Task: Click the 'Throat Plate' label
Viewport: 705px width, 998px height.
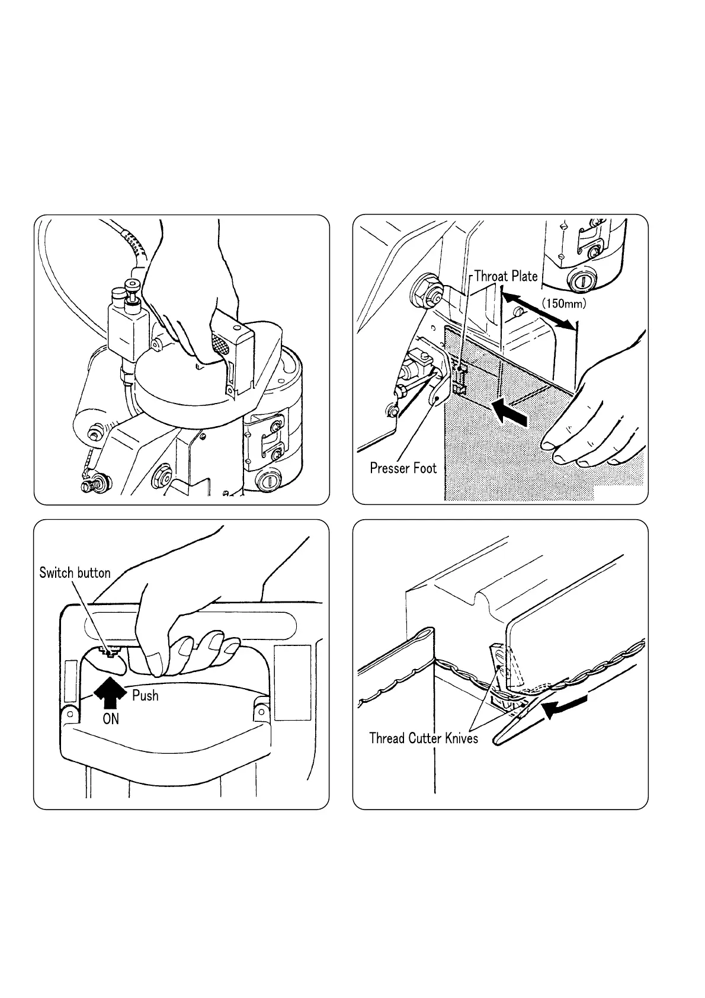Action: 505,276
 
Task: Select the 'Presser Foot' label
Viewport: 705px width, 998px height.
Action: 403,468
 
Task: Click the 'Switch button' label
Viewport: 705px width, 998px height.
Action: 75,572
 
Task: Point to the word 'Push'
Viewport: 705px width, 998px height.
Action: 145,695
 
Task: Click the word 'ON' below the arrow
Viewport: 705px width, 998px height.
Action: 111,719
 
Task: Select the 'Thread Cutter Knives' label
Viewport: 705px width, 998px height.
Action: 423,738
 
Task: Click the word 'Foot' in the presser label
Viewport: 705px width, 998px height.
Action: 424,468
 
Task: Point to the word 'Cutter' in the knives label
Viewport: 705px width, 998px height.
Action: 425,738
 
